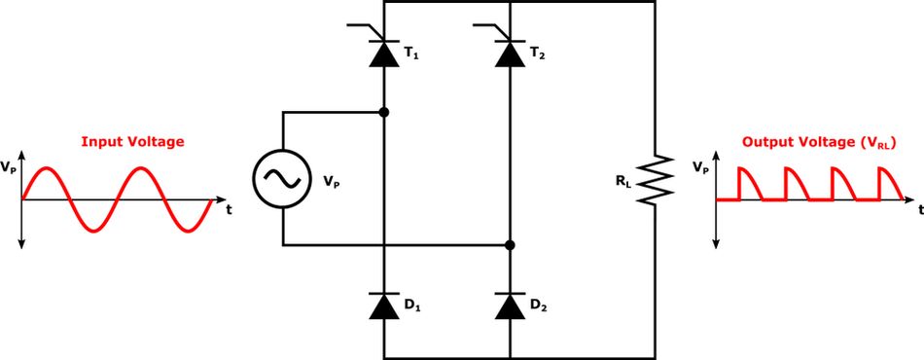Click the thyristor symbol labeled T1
(385, 53)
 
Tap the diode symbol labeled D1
(385, 306)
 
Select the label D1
(411, 306)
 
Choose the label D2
(536, 306)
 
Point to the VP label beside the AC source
(331, 180)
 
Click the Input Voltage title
(132, 141)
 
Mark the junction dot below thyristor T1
(385, 112)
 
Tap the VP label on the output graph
(700, 167)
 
